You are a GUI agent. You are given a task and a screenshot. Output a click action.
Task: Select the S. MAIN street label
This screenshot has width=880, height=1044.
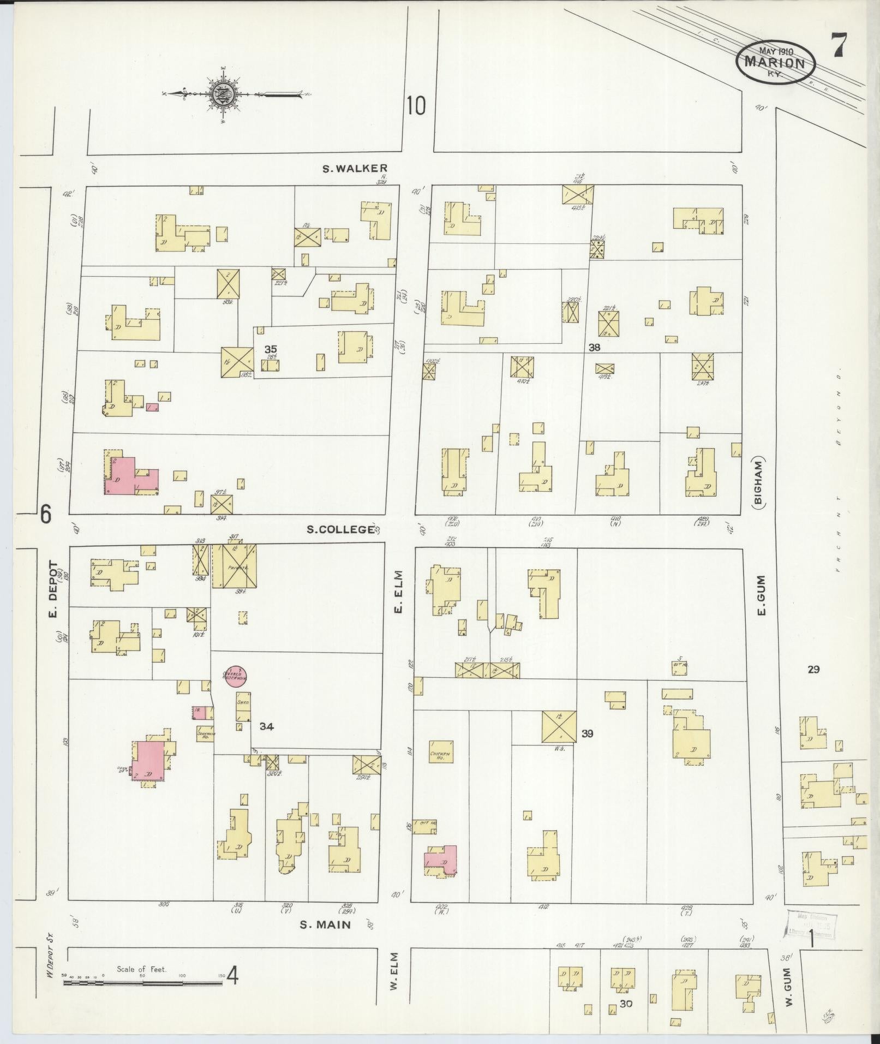(x=326, y=924)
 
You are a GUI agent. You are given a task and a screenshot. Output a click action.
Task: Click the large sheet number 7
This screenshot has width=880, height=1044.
(x=839, y=46)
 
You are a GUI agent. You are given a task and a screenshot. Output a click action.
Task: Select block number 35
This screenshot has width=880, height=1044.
(x=270, y=349)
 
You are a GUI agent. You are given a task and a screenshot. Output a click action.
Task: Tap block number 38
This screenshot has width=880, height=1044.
(x=594, y=347)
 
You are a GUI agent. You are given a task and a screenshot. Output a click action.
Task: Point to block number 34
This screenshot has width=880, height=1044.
(x=266, y=726)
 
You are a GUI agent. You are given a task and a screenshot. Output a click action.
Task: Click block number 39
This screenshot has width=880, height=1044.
(x=587, y=734)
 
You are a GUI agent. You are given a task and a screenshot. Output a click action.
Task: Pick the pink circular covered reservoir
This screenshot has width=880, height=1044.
(x=236, y=675)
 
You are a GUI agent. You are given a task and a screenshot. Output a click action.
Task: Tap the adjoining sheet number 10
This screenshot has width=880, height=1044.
(x=415, y=105)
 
